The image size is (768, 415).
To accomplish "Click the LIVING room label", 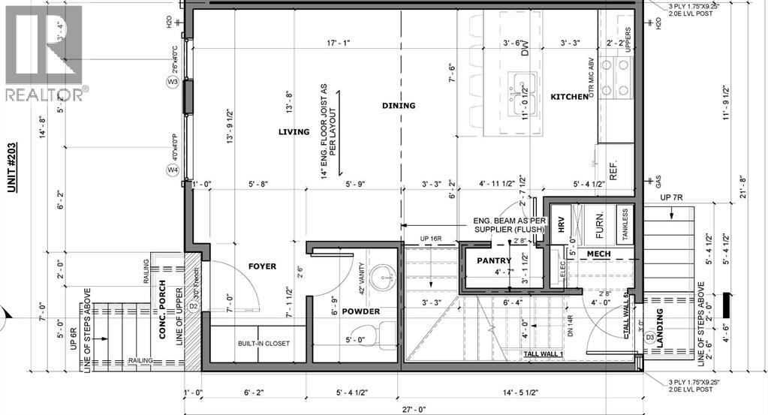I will pos(293,132).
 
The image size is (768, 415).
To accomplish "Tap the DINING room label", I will pos(398,106).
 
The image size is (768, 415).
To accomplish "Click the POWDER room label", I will pos(361,311).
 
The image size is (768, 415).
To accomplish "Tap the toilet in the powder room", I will pos(386,330).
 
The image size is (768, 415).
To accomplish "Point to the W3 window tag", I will pos(173,81).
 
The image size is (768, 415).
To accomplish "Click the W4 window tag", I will pos(173,170).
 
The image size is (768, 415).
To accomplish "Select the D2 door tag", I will pos(192,306).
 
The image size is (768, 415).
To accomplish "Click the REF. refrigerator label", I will pos(613,172).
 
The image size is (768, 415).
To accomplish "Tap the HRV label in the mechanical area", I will pos(559,225).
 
